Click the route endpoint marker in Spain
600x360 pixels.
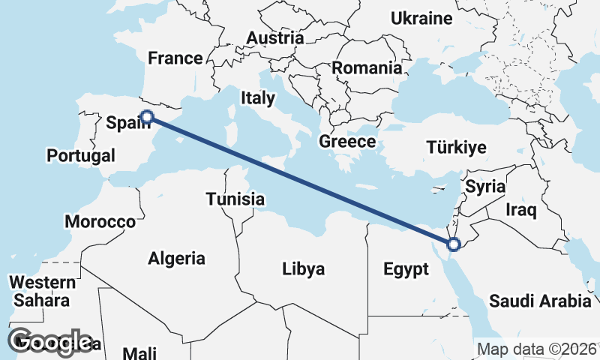pyautogui.click(x=147, y=116)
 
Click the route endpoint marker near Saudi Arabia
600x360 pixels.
pyautogui.click(x=453, y=244)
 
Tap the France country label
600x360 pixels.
pyautogui.click(x=175, y=58)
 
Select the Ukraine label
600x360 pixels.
pyautogui.click(x=422, y=19)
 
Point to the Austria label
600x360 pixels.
pyautogui.click(x=275, y=37)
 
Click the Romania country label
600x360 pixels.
pyautogui.click(x=367, y=68)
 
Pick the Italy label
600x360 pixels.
pyautogui.click(x=258, y=97)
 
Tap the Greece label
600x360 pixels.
pyautogui.click(x=347, y=141)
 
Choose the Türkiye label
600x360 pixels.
pyautogui.click(x=456, y=147)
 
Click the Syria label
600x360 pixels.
pyautogui.click(x=485, y=187)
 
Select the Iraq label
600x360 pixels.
pyautogui.click(x=521, y=210)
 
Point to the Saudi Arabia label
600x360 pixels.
pyautogui.click(x=540, y=301)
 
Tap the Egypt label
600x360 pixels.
pyautogui.click(x=406, y=269)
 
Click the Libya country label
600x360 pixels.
pyautogui.click(x=303, y=268)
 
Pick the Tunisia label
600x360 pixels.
pyautogui.click(x=235, y=199)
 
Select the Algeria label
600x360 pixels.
pyautogui.click(x=176, y=259)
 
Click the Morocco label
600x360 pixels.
pyautogui.click(x=100, y=222)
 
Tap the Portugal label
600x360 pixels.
pyautogui.click(x=80, y=156)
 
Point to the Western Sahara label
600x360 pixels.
pyautogui.click(x=42, y=292)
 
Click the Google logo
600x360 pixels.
pyautogui.click(x=49, y=342)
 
